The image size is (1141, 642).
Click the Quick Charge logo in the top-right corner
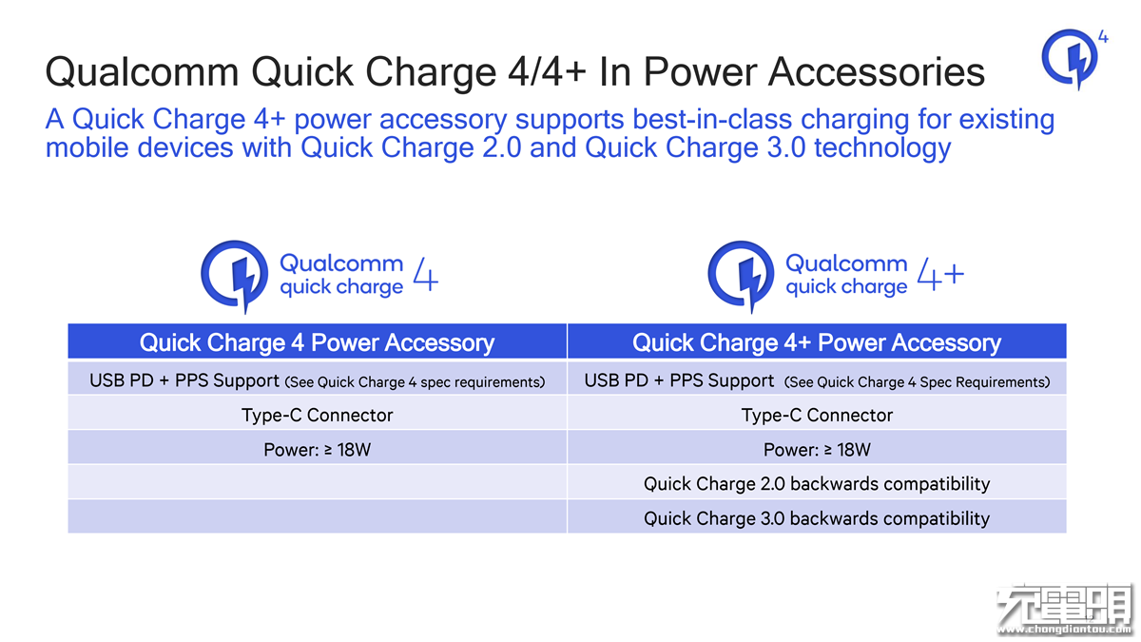tap(1070, 59)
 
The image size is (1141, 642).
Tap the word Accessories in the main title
tap(876, 72)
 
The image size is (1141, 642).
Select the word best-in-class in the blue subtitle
tap(712, 119)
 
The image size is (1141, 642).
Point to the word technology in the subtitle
tap(882, 148)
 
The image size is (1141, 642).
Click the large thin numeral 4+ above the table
tap(940, 274)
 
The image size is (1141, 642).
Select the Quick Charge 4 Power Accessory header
tap(317, 342)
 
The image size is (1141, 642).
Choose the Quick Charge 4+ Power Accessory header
tap(817, 342)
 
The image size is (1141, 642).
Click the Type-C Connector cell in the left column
tap(317, 416)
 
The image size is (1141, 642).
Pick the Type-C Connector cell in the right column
tap(817, 416)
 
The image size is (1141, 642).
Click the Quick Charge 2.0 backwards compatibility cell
tap(817, 484)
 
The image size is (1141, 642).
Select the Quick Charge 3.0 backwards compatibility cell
tap(817, 518)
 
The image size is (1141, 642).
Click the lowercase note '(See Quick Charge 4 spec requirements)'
tap(415, 382)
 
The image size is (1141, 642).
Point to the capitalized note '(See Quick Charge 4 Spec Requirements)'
tap(917, 382)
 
